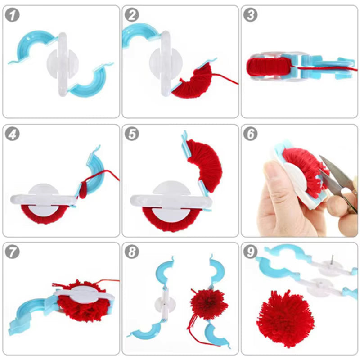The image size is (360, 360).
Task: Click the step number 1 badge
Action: point(14,15)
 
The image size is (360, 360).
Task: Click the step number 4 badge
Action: point(14,134)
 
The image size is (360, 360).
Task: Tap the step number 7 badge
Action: point(14,252)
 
